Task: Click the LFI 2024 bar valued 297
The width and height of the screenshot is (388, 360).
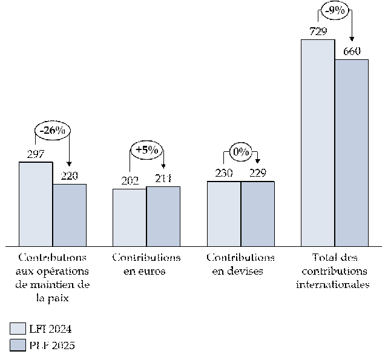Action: pyautogui.click(x=36, y=204)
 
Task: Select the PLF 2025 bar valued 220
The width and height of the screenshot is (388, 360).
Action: pyautogui.click(x=69, y=215)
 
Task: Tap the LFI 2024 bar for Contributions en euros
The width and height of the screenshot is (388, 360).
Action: pyautogui.click(x=130, y=217)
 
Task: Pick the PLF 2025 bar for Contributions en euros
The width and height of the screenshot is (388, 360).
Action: pyautogui.click(x=163, y=216)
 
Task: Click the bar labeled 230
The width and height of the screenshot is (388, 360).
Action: pyautogui.click(x=224, y=214)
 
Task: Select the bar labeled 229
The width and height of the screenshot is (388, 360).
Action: pyautogui.click(x=258, y=214)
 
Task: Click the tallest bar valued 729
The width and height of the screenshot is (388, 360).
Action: pyautogui.click(x=318, y=142)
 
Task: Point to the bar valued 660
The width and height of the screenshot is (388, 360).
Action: pyautogui.click(x=352, y=152)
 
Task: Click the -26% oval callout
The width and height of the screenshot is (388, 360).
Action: pyautogui.click(x=53, y=130)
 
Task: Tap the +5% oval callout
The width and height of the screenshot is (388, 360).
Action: pyautogui.click(x=147, y=149)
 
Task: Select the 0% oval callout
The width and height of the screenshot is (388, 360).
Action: pyautogui.click(x=241, y=151)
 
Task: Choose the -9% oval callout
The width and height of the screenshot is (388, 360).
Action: pyautogui.click(x=335, y=11)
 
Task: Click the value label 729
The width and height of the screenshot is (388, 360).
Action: pyautogui.click(x=318, y=32)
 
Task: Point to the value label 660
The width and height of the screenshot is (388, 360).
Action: pyautogui.click(x=352, y=51)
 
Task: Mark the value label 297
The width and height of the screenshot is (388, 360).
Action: pyautogui.click(x=36, y=154)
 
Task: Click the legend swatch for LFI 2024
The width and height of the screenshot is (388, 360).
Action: pyautogui.click(x=18, y=329)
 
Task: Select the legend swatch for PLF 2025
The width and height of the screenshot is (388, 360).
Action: pyautogui.click(x=18, y=345)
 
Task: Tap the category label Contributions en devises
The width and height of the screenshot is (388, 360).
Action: pyautogui.click(x=240, y=264)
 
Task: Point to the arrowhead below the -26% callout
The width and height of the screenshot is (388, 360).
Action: pyautogui.click(x=69, y=163)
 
